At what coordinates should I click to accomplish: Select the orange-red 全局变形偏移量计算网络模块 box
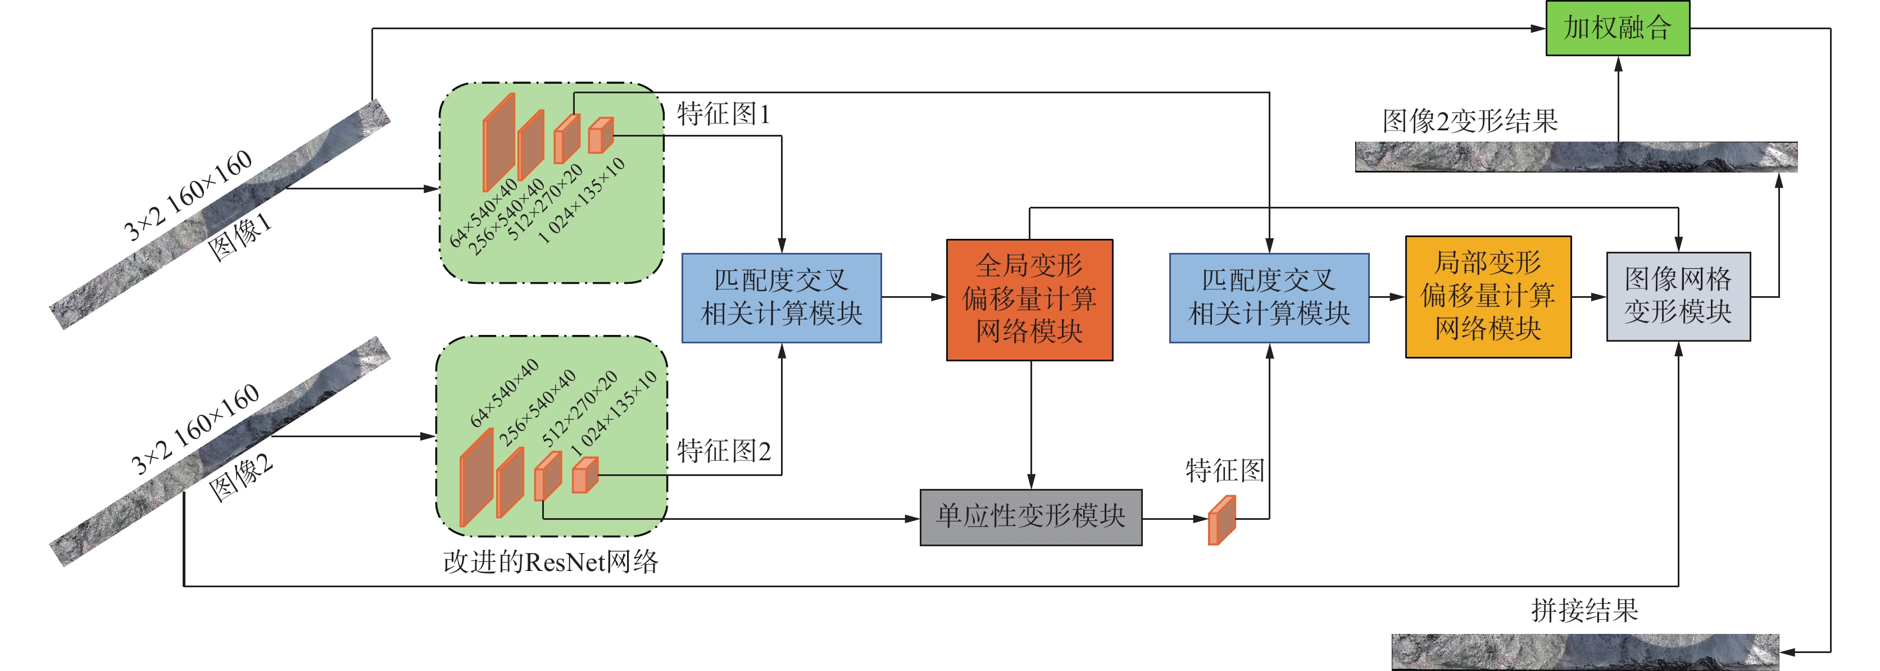click(x=1029, y=300)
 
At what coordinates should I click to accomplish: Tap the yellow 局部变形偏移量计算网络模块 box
click(x=1487, y=296)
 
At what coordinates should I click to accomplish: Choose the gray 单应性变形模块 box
click(x=1030, y=517)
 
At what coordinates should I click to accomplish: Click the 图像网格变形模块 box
click(x=1678, y=296)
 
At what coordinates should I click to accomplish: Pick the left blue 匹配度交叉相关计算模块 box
click(x=781, y=298)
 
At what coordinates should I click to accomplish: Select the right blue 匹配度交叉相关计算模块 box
click(x=1269, y=298)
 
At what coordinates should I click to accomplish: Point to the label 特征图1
click(x=723, y=115)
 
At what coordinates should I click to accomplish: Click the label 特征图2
click(x=723, y=451)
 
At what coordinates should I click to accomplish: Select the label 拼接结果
click(x=1584, y=610)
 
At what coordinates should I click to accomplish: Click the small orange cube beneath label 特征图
click(x=1221, y=520)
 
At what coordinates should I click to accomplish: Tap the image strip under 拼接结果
click(x=1584, y=651)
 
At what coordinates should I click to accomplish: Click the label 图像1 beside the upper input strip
click(x=239, y=237)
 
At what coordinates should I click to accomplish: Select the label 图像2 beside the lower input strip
click(x=241, y=478)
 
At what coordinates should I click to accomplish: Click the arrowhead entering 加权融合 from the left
click(x=1538, y=29)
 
